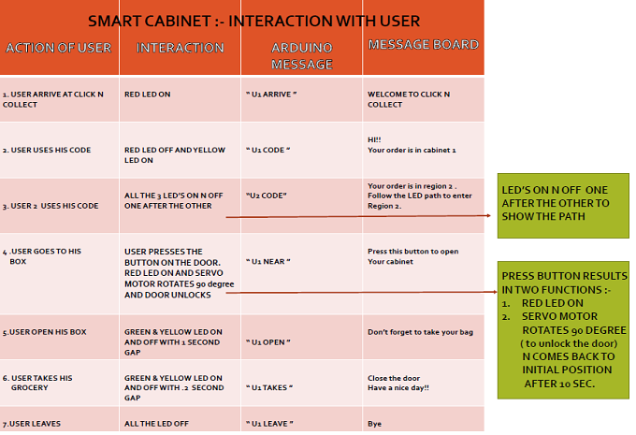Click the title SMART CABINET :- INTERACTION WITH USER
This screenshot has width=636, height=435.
click(253, 22)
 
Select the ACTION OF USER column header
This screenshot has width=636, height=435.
click(58, 48)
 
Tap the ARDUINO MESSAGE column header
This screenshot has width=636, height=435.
click(302, 56)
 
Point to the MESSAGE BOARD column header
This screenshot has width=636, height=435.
click(424, 44)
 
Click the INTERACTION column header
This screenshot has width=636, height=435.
click(181, 48)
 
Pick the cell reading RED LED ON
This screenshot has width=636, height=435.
click(147, 94)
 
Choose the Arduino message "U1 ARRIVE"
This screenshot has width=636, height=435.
click(271, 94)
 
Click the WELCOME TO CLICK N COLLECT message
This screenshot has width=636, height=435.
click(409, 99)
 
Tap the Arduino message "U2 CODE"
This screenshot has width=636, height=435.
click(266, 196)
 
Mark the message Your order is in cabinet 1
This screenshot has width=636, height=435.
click(412, 150)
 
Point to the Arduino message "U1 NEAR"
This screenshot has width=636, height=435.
click(268, 262)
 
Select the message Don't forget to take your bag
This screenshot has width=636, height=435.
click(420, 332)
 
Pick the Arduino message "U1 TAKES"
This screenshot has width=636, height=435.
click(269, 387)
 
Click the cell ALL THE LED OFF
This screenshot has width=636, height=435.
click(156, 424)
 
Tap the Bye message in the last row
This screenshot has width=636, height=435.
click(374, 424)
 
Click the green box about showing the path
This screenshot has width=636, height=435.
click(563, 205)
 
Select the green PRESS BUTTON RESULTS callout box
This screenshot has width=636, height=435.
click(563, 330)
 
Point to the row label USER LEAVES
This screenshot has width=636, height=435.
click(32, 424)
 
